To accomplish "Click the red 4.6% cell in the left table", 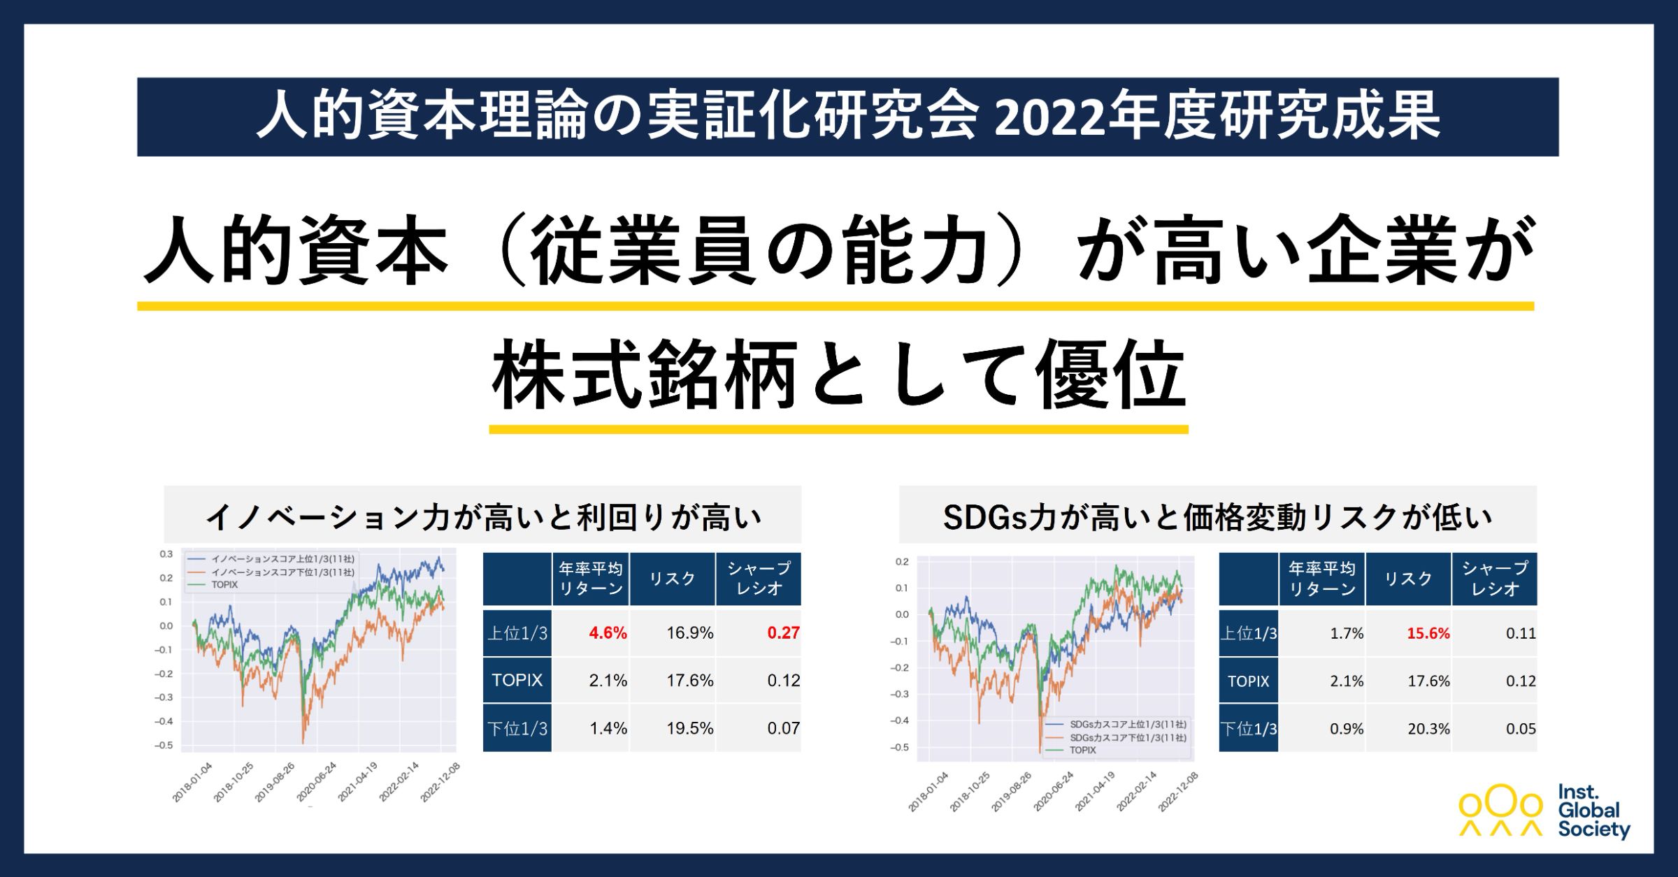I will pyautogui.click(x=607, y=633).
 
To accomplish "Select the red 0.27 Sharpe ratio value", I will pyautogui.click(x=782, y=633).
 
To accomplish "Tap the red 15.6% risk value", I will pyautogui.click(x=1428, y=634).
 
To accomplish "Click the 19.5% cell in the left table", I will pyautogui.click(x=689, y=728).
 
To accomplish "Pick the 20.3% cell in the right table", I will pyautogui.click(x=1428, y=729).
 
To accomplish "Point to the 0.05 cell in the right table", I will pyautogui.click(x=1520, y=729).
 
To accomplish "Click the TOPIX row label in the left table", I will pyautogui.click(x=517, y=680).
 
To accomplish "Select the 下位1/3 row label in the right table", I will pyautogui.click(x=1248, y=729).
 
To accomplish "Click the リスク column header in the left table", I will pyautogui.click(x=672, y=579).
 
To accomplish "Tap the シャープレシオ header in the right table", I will pyautogui.click(x=1494, y=579).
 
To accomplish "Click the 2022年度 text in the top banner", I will pyautogui.click(x=1105, y=117).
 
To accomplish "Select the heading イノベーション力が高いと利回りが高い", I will pyautogui.click(x=482, y=517).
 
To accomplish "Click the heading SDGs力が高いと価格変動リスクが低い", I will pyautogui.click(x=1217, y=517).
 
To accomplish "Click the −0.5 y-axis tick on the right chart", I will pyautogui.click(x=901, y=748).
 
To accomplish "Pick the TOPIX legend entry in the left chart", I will pyautogui.click(x=224, y=585).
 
